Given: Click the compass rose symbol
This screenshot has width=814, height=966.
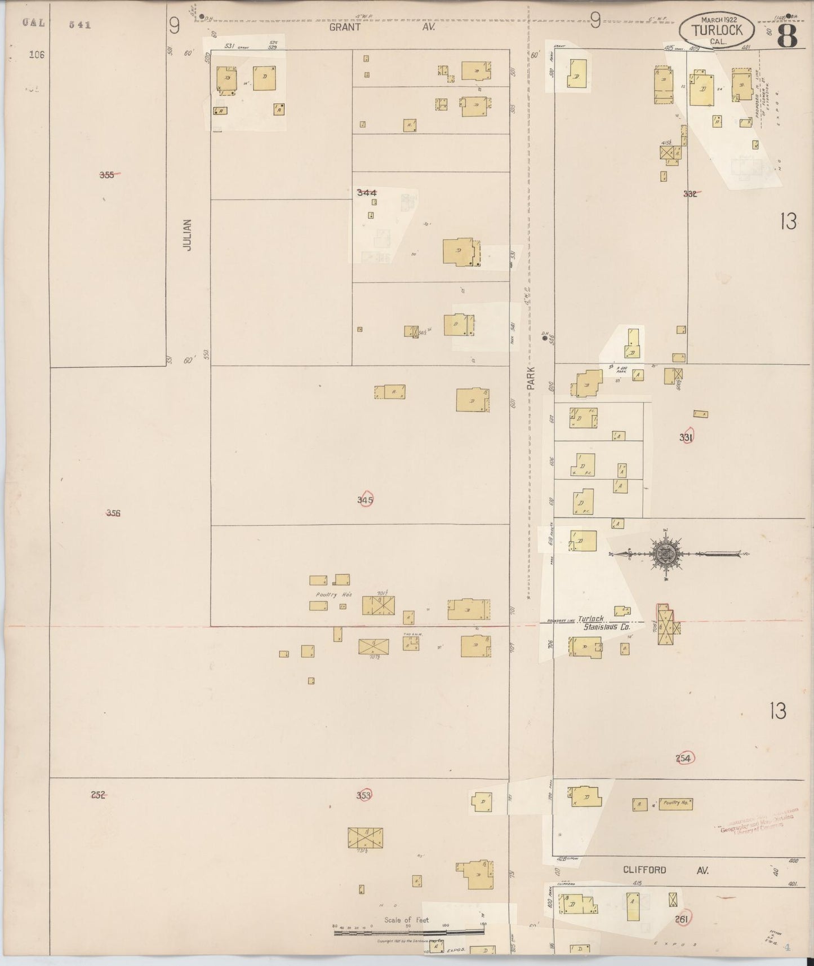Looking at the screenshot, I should coord(665,554).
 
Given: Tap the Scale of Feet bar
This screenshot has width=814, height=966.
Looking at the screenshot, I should coord(409,933).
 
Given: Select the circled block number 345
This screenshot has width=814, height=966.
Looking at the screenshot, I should coord(365,499).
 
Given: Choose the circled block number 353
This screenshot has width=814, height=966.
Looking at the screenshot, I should coord(364,795).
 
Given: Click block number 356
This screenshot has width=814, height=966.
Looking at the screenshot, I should coord(113,513).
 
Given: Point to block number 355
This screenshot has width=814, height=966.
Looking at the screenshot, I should coord(107,175).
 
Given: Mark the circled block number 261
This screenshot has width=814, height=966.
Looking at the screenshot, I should coord(683,919).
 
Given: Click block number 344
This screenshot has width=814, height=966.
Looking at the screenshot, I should coord(366,193).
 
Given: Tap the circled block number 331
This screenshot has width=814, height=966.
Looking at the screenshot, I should coord(686,437).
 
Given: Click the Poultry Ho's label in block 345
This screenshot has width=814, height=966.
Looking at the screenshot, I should coord(333,594).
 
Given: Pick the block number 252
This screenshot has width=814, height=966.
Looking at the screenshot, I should coord(98,795).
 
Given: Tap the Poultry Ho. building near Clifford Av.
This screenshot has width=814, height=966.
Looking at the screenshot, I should coord(675,804).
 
